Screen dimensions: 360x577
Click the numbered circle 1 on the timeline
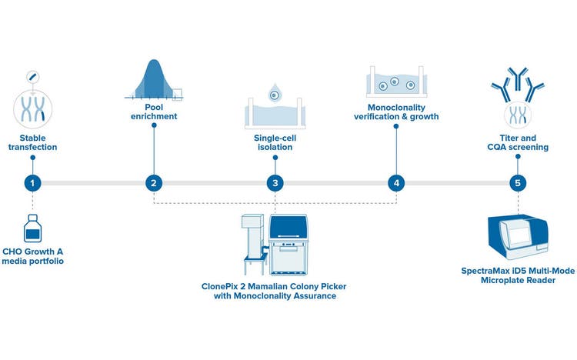point(32,183)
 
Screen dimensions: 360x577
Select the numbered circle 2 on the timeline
point(154,183)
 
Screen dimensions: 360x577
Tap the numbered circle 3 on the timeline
point(275,183)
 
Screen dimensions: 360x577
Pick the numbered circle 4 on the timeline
point(396,183)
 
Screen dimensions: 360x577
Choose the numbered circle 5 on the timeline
point(517,183)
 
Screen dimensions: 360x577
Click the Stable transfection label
point(32,143)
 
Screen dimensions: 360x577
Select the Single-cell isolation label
point(275,143)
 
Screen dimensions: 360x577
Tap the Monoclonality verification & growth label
point(396,112)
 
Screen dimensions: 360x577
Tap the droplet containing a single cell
point(274,95)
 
